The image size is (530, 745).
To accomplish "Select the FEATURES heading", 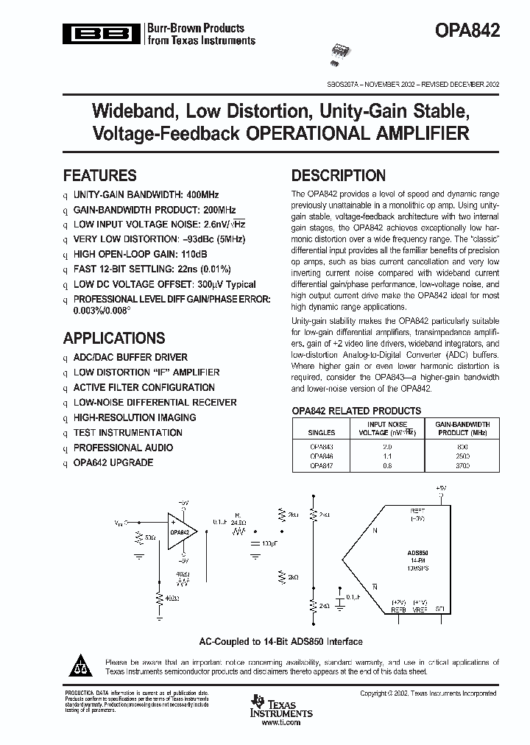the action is pyautogui.click(x=100, y=176).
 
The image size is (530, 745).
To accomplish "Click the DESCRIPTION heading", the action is pyautogui.click(x=339, y=176).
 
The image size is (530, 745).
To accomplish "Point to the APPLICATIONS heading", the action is pyautogui.click(x=114, y=339).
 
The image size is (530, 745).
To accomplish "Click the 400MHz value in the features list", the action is pyautogui.click(x=202, y=195).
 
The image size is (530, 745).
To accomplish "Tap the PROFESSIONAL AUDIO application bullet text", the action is pyautogui.click(x=123, y=448).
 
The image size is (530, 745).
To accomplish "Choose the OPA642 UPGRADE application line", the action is pyautogui.click(x=113, y=462).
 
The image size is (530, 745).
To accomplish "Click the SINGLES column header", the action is pyautogui.click(x=321, y=433).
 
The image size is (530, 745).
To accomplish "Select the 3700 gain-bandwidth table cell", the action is pyautogui.click(x=462, y=465).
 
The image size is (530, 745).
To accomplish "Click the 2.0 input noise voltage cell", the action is pyautogui.click(x=387, y=447).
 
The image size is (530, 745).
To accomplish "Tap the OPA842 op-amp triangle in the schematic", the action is pyautogui.click(x=180, y=531).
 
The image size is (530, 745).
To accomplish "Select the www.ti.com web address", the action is pyautogui.click(x=281, y=724).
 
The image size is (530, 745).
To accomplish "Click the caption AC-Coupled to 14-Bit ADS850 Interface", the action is pyautogui.click(x=281, y=641).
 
